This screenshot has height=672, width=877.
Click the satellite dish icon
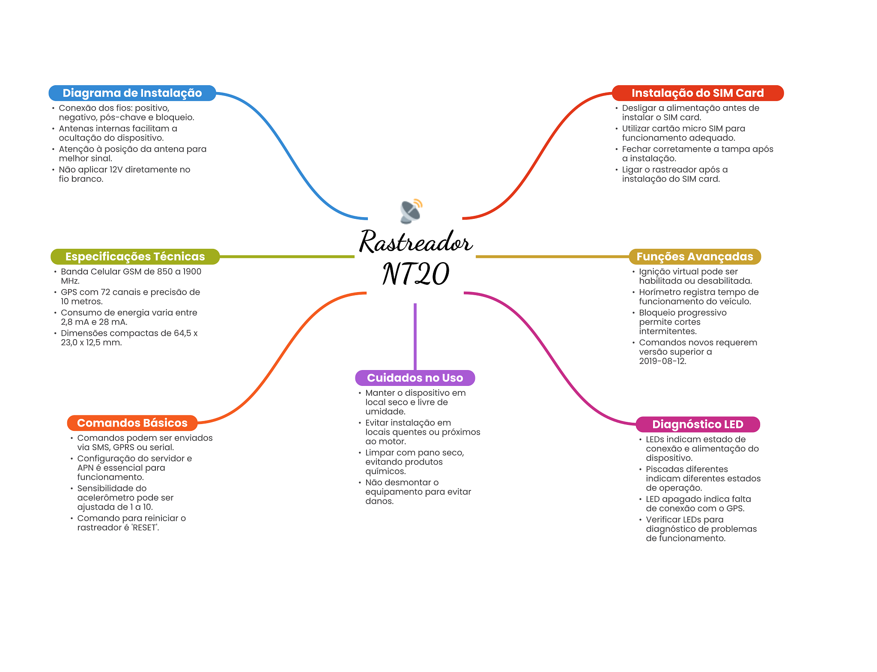pyautogui.click(x=411, y=211)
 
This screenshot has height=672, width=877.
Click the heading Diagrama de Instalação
pyautogui.click(x=132, y=93)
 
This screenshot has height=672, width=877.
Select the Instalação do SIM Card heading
pyautogui.click(x=697, y=93)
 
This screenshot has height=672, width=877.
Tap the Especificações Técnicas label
pyautogui.click(x=135, y=257)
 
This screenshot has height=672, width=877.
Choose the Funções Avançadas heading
pyautogui.click(x=695, y=257)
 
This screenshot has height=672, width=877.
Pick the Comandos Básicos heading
pyautogui.click(x=132, y=423)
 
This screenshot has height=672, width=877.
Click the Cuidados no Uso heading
pyautogui.click(x=415, y=378)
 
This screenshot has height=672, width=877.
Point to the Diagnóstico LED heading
pyautogui.click(x=698, y=424)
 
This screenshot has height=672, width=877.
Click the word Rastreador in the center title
pyautogui.click(x=415, y=242)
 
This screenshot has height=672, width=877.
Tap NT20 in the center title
pyautogui.click(x=415, y=274)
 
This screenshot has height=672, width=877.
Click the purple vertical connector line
pyautogui.click(x=415, y=336)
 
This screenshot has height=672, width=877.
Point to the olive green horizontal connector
pyautogui.click(x=287, y=257)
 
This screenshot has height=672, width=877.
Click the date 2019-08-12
pyautogui.click(x=662, y=361)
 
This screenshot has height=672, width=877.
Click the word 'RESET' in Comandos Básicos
pyautogui.click(x=145, y=528)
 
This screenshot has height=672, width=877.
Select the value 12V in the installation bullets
pyautogui.click(x=116, y=170)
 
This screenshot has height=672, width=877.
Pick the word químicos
pyautogui.click(x=385, y=472)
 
